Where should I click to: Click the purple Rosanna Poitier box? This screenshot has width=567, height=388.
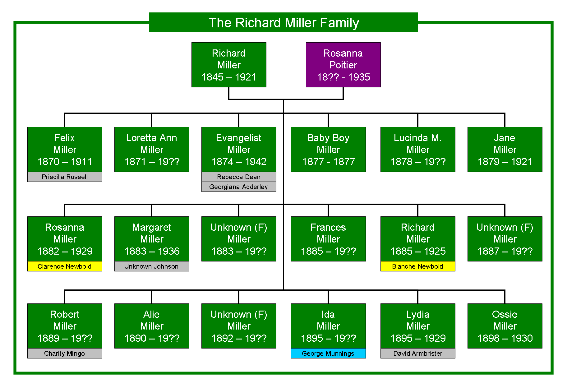coord(343,65)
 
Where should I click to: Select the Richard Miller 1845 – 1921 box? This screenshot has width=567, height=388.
coord(229,65)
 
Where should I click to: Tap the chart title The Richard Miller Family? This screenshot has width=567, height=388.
coord(283,22)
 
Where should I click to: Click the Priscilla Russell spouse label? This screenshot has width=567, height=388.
coord(65,177)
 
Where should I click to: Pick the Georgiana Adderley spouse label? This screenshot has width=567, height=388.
coord(239,187)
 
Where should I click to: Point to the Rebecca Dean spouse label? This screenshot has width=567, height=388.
coord(239,177)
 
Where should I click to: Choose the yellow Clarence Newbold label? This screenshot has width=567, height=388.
coord(65,266)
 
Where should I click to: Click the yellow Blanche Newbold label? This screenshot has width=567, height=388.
coord(418,266)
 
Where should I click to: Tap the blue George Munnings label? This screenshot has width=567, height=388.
coord(328,353)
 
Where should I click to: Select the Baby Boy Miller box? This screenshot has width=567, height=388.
coord(328,149)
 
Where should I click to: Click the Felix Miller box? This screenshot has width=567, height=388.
coord(65,149)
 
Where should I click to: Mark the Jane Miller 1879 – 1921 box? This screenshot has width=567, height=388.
coord(505,149)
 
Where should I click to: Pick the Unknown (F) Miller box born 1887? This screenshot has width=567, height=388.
coord(505,239)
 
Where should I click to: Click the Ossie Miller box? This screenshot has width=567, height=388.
coord(505,326)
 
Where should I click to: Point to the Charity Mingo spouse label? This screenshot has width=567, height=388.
coord(65,353)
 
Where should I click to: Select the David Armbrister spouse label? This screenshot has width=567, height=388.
coord(418,353)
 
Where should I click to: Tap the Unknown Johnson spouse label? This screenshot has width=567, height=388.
coord(152,266)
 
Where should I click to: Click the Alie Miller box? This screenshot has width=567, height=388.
coord(152,326)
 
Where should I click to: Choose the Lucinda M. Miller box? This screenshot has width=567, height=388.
coord(418,149)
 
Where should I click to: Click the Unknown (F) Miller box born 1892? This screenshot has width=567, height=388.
coord(239,326)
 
